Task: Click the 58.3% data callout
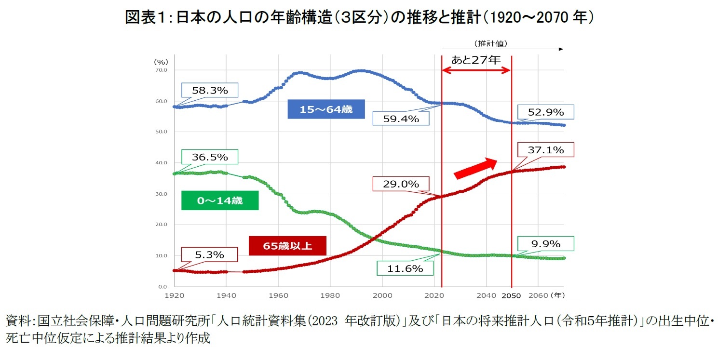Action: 210,90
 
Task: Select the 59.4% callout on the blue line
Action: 401,119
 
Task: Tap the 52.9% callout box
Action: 546,113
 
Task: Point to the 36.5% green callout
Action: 210,157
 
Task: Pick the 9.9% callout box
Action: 545,244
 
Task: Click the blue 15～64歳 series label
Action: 326,109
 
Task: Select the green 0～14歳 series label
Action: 220,200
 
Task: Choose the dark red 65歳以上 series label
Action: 287,246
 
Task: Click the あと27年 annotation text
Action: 476,60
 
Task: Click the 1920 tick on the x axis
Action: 175,294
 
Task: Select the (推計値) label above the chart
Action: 489,43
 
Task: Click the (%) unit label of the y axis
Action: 161,62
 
